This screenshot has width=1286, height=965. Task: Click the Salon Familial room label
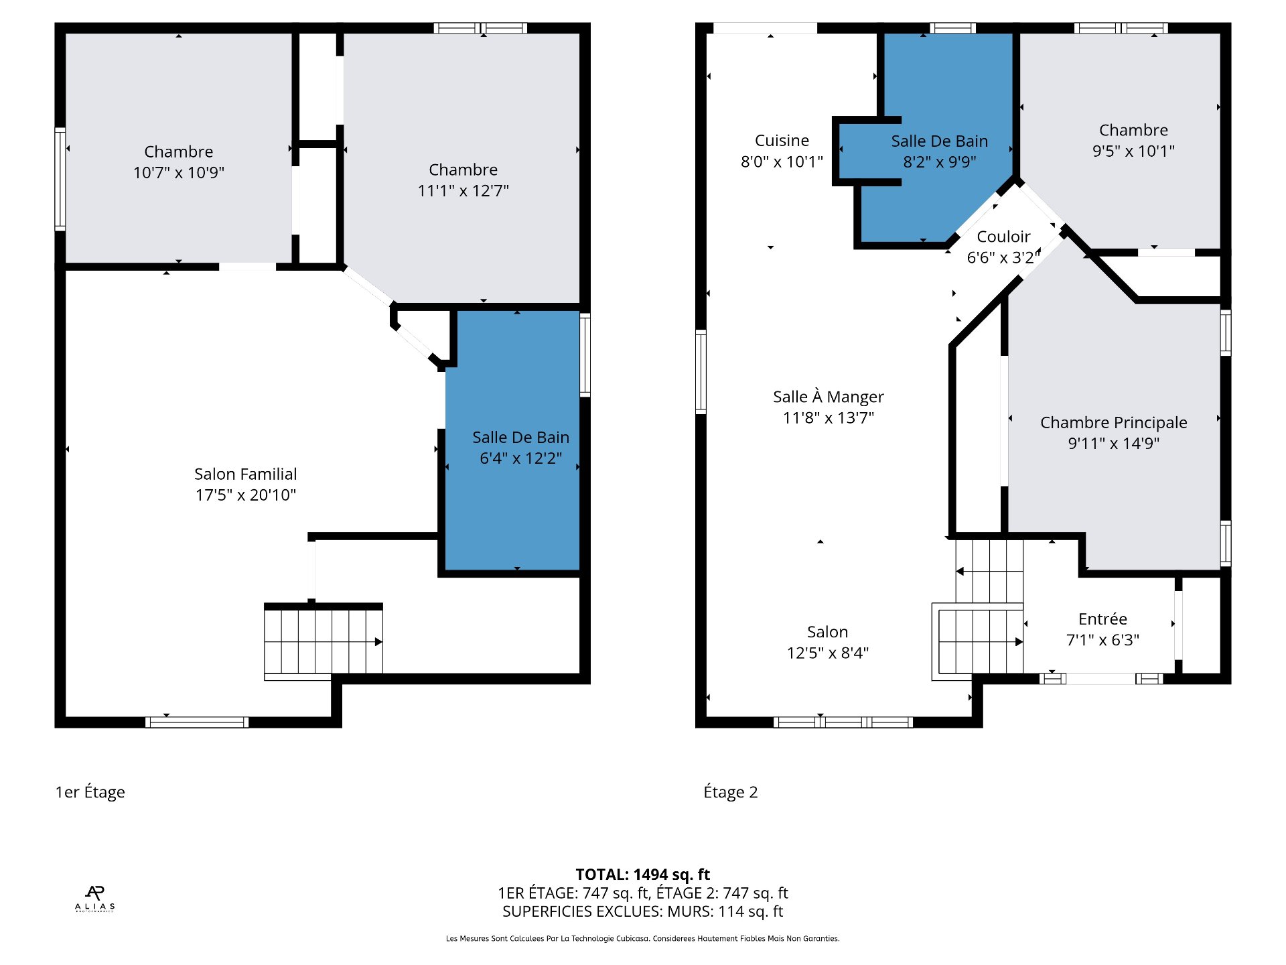click(245, 474)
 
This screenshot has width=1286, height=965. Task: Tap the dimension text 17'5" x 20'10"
click(245, 495)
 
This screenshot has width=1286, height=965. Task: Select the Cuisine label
click(782, 141)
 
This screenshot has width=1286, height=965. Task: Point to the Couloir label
click(1003, 237)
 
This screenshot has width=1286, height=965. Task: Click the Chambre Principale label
click(1113, 423)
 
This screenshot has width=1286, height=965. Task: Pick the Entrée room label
click(1102, 619)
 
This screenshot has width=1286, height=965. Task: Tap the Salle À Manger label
click(829, 397)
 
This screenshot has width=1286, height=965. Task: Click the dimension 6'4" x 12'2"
click(520, 458)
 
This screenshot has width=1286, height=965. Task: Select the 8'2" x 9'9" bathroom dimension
click(940, 162)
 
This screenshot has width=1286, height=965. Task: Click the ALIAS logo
click(94, 899)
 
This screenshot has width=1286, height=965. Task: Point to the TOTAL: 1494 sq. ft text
click(642, 875)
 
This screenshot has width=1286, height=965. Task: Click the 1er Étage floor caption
click(90, 792)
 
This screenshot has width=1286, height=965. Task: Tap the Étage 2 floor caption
click(730, 792)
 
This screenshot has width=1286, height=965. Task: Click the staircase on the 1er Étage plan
click(324, 641)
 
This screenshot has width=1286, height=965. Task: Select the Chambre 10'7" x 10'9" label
click(179, 162)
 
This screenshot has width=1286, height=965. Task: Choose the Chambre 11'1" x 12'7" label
click(463, 180)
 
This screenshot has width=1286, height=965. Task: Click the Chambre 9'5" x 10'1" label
click(1133, 141)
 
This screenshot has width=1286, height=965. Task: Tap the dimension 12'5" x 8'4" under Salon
click(828, 653)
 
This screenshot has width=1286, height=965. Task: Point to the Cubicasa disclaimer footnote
click(642, 939)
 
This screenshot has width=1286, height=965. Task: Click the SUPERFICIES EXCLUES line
click(642, 911)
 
